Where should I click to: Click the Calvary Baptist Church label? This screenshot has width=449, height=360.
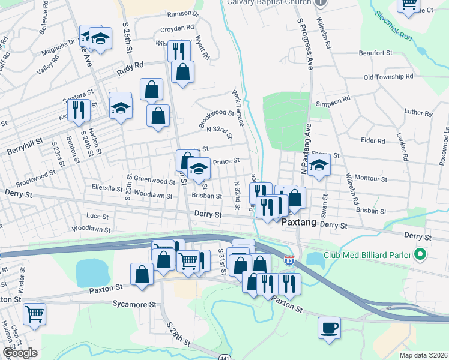[269, 1]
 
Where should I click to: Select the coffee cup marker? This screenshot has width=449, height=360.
[329, 328]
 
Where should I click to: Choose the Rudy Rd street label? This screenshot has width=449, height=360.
[131, 66]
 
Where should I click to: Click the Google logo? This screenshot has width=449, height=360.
[20, 353]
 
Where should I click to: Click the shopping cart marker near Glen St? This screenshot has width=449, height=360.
[34, 313]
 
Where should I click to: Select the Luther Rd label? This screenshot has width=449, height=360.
[418, 112]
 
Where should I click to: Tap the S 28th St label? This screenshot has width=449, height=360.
[179, 332]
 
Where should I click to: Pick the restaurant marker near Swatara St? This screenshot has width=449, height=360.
[79, 110]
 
